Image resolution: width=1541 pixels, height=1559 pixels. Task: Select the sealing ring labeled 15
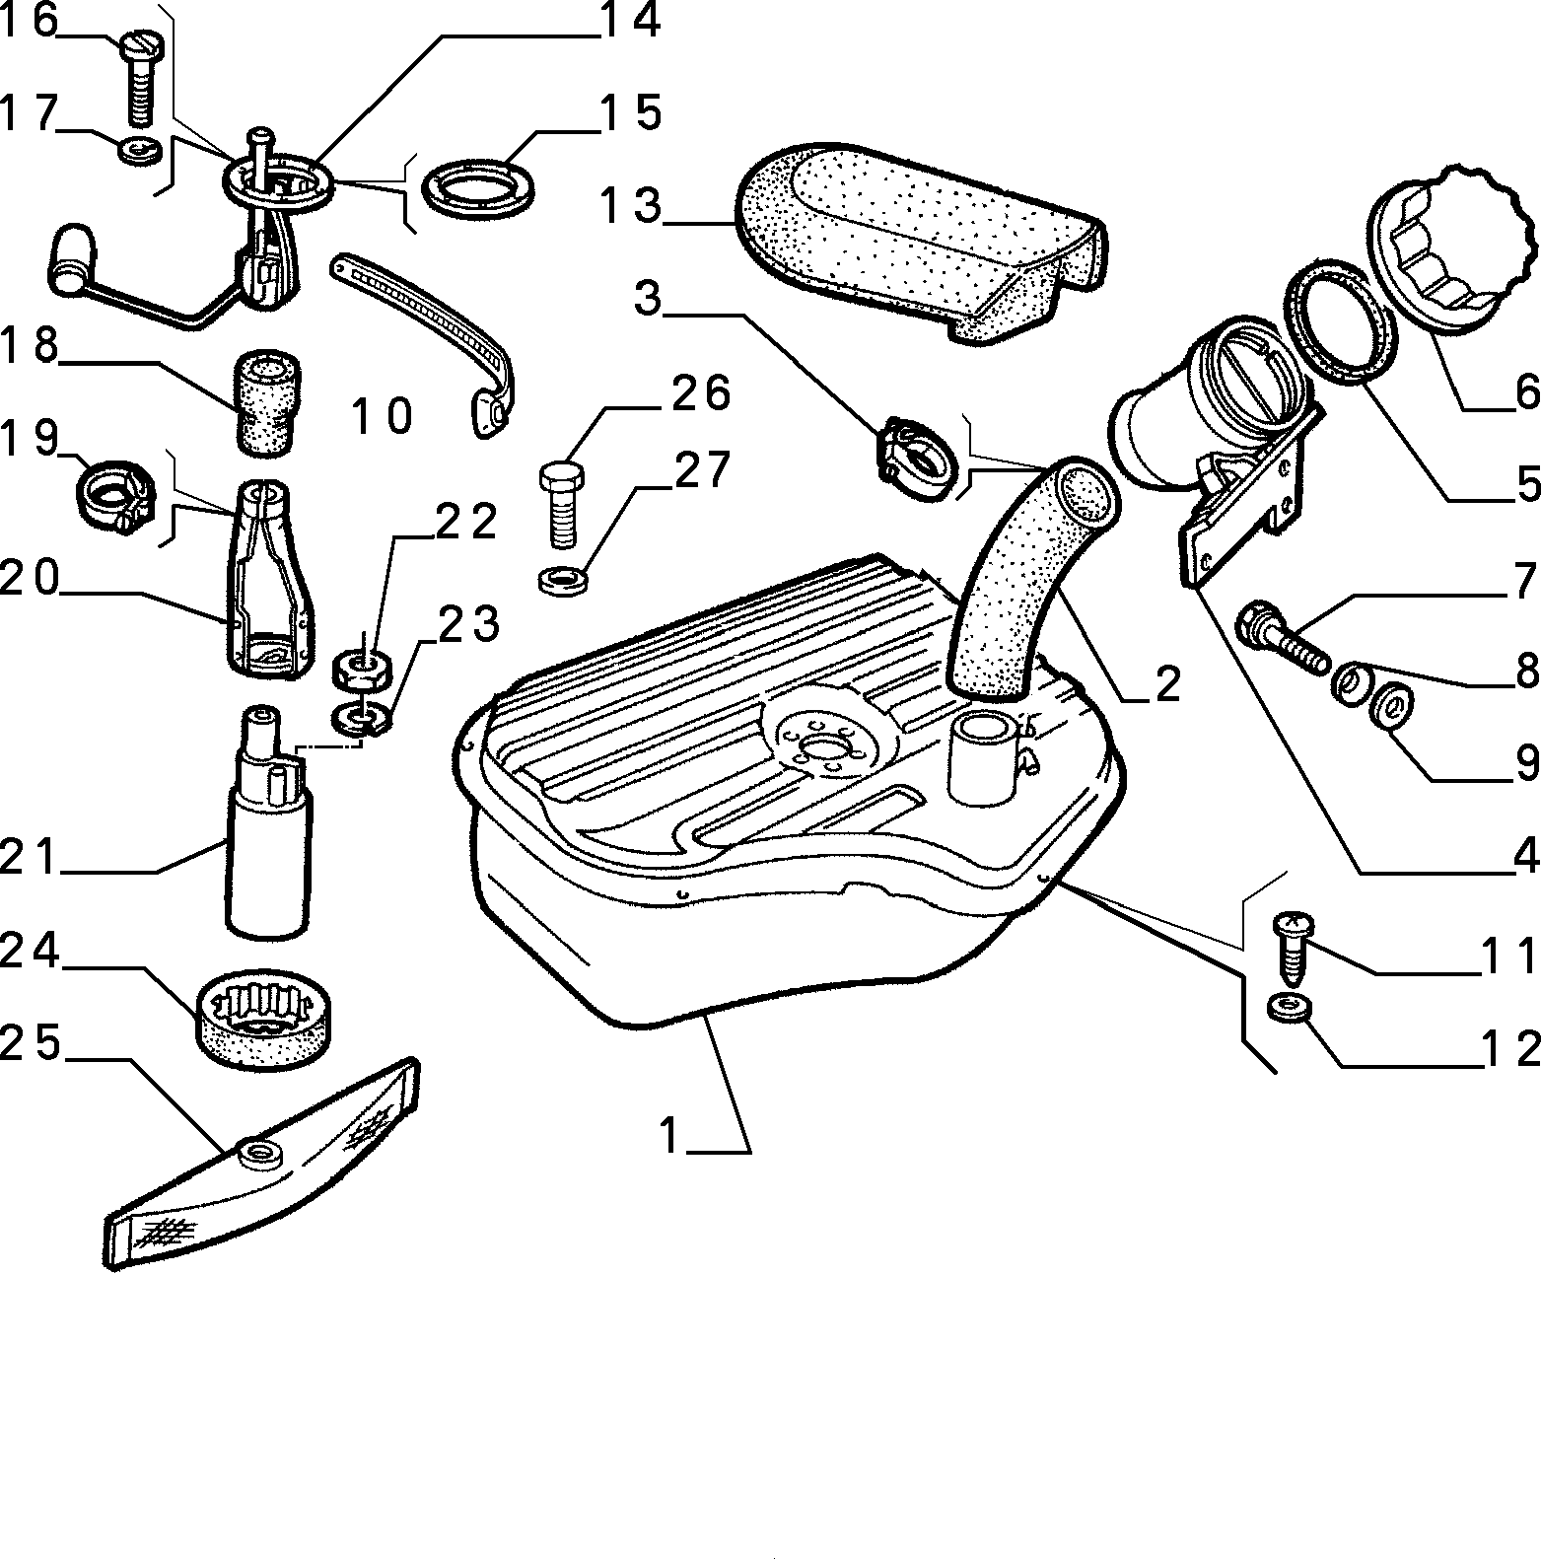coord(477,187)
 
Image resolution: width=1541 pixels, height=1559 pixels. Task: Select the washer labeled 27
coord(561,579)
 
